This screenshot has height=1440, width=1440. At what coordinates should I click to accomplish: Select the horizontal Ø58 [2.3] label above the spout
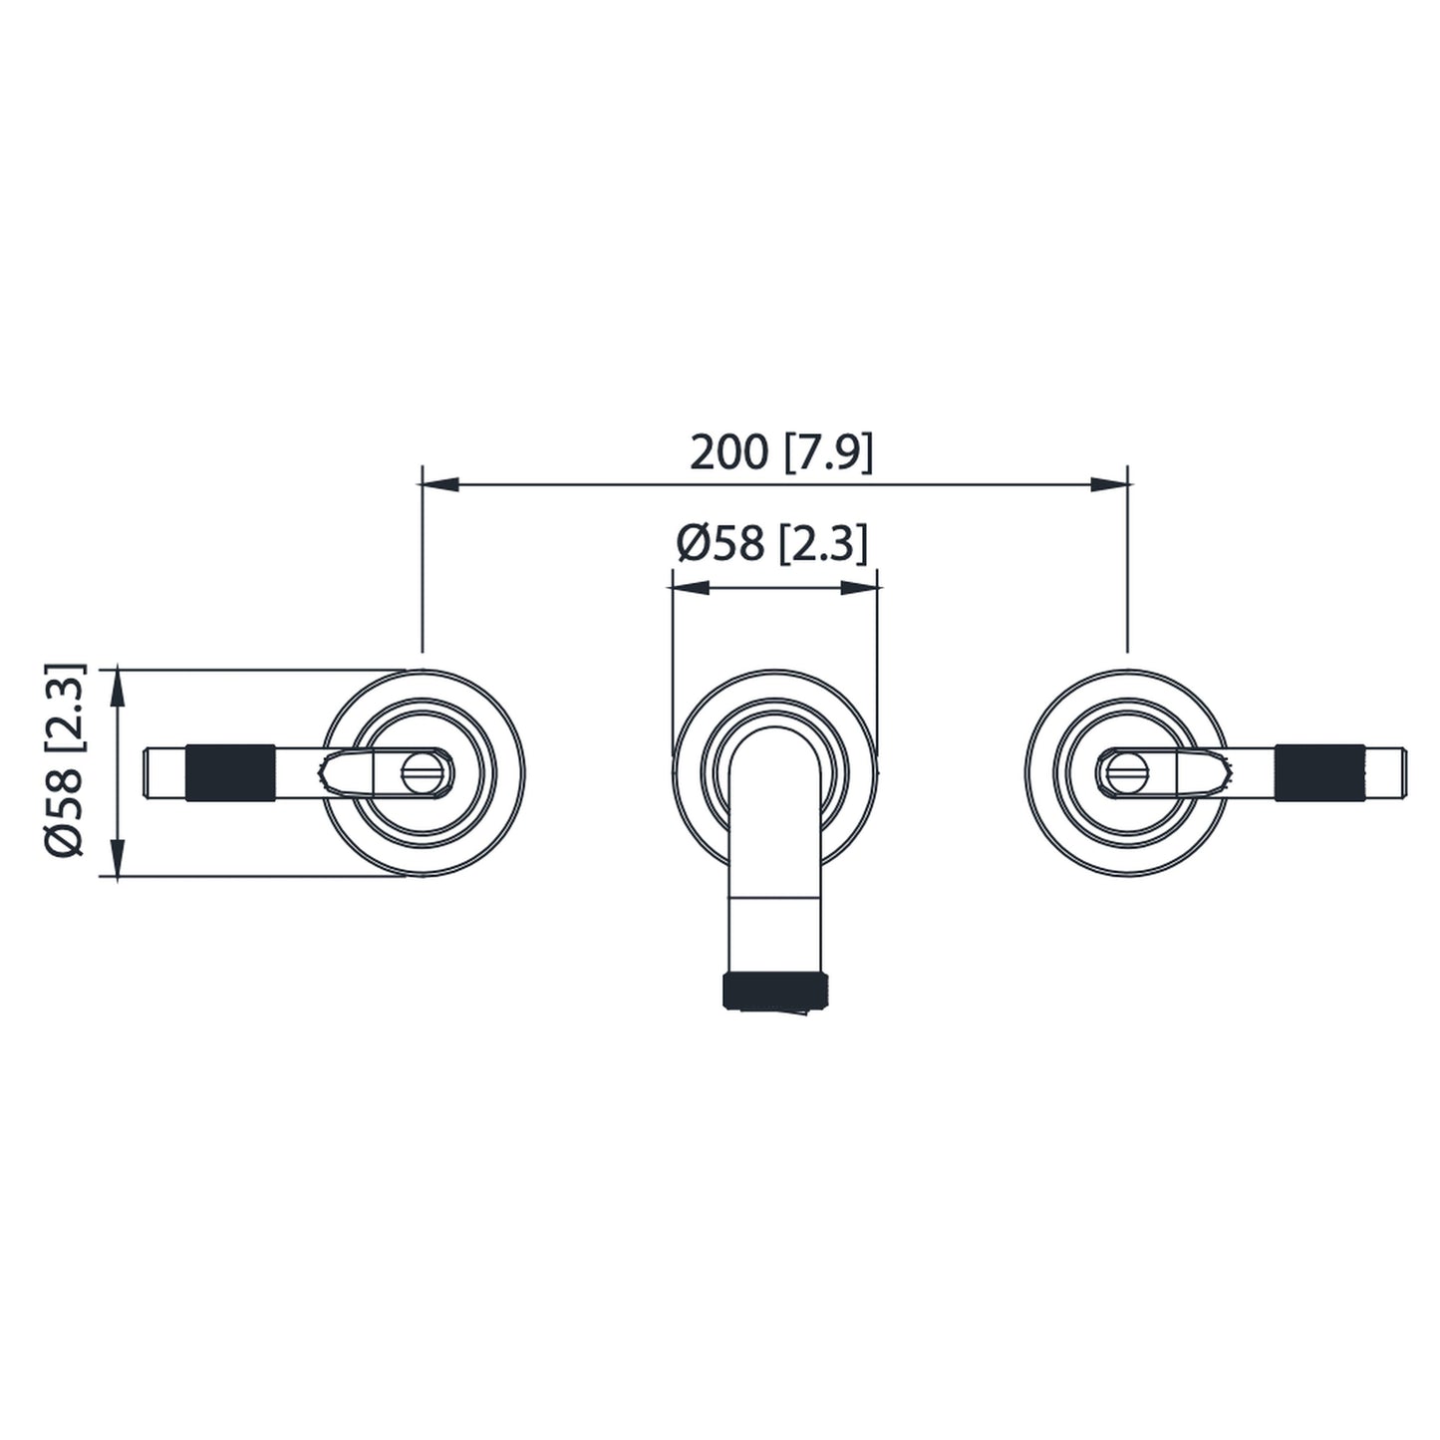coord(771,544)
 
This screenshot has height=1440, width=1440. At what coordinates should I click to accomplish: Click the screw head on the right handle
coord(1127,772)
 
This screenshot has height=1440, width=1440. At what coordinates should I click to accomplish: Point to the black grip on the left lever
coord(230,772)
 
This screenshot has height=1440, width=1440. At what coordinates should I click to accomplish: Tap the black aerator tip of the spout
coord(775,992)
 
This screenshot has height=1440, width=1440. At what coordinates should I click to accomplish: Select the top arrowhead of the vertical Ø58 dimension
coord(118,688)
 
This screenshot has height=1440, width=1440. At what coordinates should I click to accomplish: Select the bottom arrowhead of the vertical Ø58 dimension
coord(118,858)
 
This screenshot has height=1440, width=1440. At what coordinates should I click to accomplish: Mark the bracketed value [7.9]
coord(828,452)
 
